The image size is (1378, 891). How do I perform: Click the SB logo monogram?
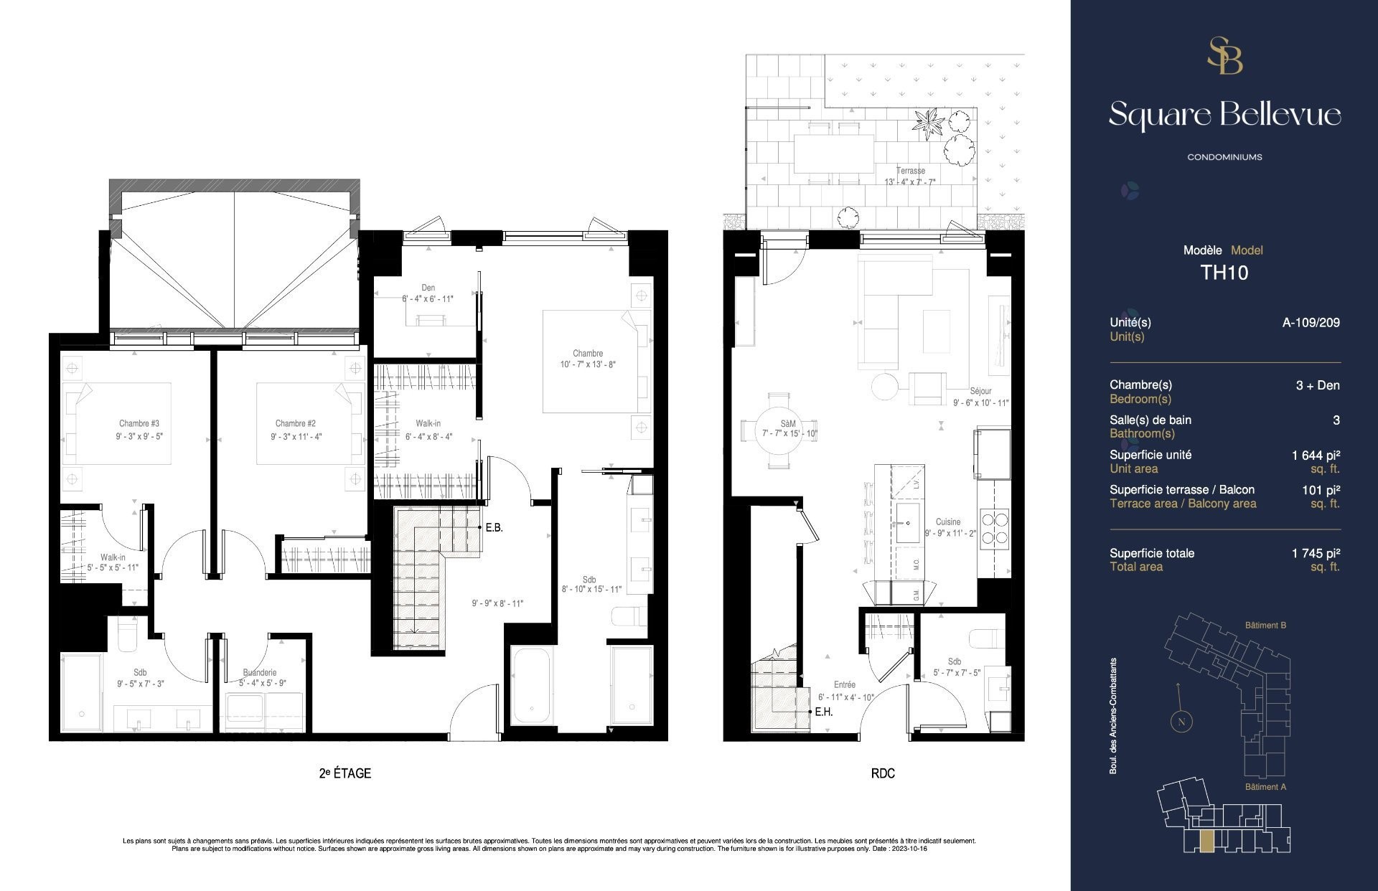tap(1224, 55)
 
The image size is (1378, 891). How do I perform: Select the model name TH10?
tap(1224, 273)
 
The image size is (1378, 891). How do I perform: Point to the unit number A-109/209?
tap(1311, 323)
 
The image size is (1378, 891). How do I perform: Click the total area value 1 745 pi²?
tap(1316, 553)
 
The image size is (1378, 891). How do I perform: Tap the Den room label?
tap(428, 288)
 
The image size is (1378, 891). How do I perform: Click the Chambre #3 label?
tap(139, 423)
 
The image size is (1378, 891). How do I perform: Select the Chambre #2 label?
tap(295, 423)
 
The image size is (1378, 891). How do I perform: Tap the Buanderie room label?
tap(259, 672)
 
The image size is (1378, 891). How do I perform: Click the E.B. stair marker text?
tap(494, 528)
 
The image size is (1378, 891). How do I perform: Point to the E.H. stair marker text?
tap(823, 712)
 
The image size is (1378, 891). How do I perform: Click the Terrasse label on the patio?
tap(910, 171)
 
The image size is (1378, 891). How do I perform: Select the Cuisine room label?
tap(947, 522)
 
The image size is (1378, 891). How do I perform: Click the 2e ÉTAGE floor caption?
tap(344, 773)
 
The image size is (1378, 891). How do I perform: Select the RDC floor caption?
tap(883, 773)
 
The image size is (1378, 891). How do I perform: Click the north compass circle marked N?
tap(1181, 722)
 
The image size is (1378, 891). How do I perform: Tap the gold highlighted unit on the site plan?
tap(1208, 842)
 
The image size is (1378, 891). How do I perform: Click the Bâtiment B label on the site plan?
tap(1265, 625)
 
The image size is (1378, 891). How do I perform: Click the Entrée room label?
tap(844, 685)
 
